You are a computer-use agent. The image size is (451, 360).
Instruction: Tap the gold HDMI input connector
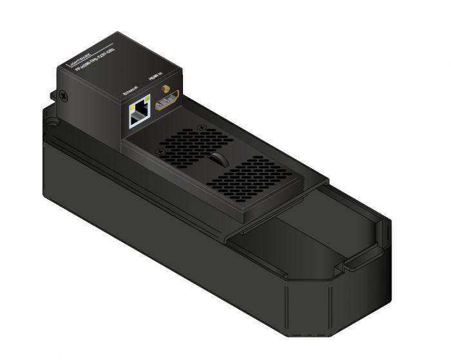click(x=167, y=102)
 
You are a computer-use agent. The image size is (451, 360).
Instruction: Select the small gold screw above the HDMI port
click(x=165, y=87)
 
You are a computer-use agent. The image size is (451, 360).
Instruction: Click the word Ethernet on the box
click(x=130, y=91)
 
